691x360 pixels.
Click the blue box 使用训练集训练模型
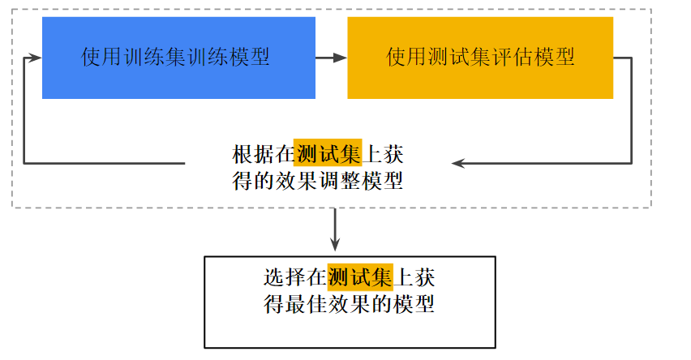[178, 58]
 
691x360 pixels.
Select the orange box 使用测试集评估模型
[480, 58]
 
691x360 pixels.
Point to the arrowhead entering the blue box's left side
[35, 58]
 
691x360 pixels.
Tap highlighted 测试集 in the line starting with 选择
[360, 277]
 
